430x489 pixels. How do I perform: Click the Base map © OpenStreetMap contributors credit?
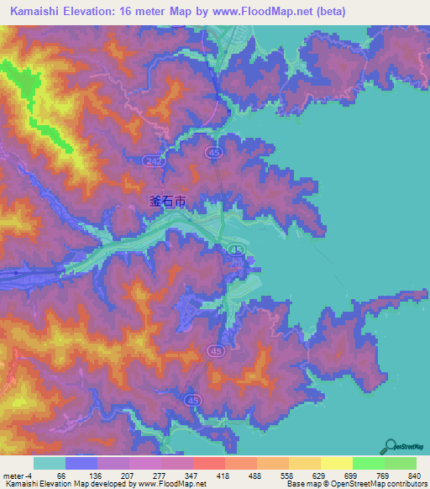355,485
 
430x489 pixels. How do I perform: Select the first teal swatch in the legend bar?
50,463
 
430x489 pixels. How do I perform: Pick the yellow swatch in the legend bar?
336,463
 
